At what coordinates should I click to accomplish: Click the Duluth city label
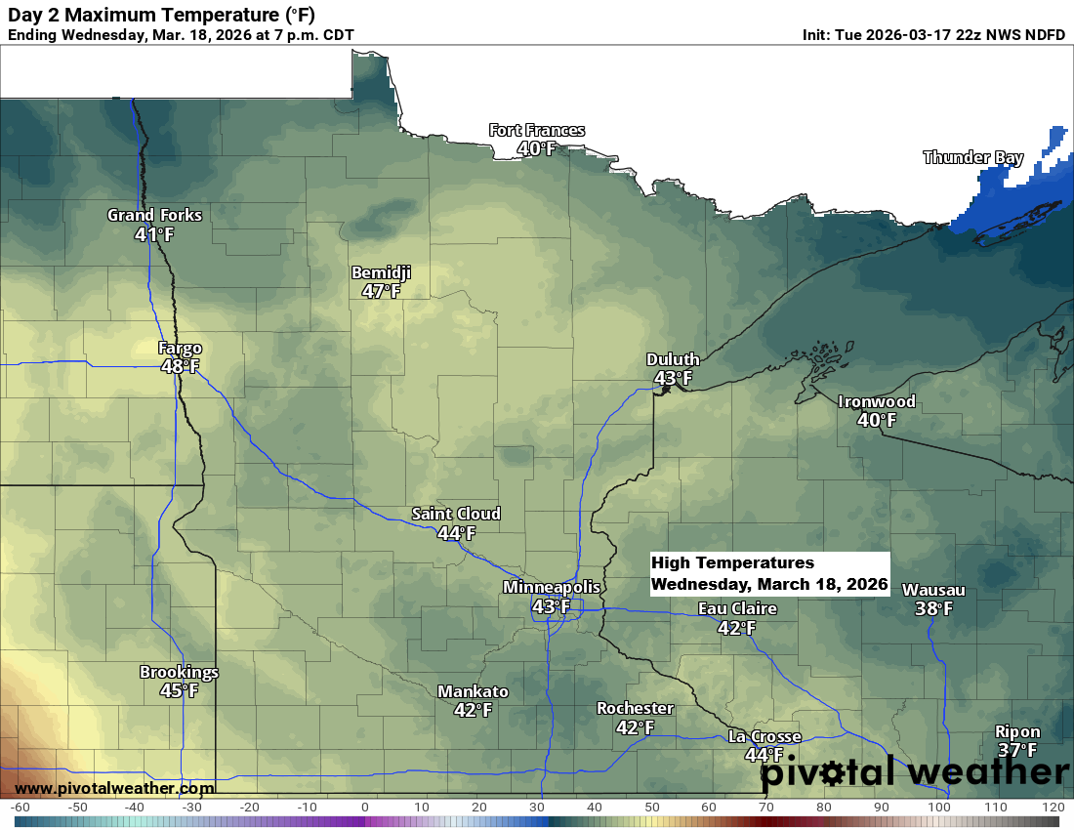click(673, 359)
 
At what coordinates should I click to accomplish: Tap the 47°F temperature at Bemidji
click(381, 291)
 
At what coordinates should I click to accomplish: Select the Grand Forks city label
click(154, 215)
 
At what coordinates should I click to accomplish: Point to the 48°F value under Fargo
click(180, 366)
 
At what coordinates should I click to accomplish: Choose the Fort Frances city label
click(537, 131)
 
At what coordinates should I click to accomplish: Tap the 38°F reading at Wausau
click(933, 608)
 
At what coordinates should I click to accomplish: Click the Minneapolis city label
click(552, 587)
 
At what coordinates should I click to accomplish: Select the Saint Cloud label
click(456, 514)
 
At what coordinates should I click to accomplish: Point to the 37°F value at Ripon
click(1017, 750)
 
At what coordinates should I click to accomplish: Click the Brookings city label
click(179, 672)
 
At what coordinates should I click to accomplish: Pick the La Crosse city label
click(764, 736)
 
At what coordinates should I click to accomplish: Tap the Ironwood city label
click(877, 401)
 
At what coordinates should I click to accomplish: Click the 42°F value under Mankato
click(473, 710)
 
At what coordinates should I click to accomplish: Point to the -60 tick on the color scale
click(20, 807)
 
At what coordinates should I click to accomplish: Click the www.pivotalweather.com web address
click(114, 788)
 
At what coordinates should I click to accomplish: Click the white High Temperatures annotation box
click(769, 574)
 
